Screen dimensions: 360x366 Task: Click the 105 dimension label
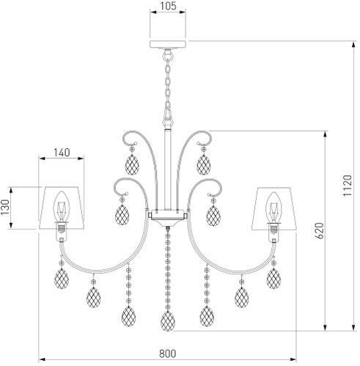point(168,6)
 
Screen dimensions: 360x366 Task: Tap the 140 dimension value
point(62,153)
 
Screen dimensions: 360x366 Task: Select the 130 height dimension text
point(5,207)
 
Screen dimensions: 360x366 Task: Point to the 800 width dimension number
point(168,354)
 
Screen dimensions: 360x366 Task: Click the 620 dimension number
point(320,230)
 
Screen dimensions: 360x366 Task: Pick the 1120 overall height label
point(348,186)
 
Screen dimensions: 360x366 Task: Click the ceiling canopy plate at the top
point(168,44)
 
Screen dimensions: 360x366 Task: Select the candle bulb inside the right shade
point(273,208)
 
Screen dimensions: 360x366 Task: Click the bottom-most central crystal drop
point(168,321)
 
